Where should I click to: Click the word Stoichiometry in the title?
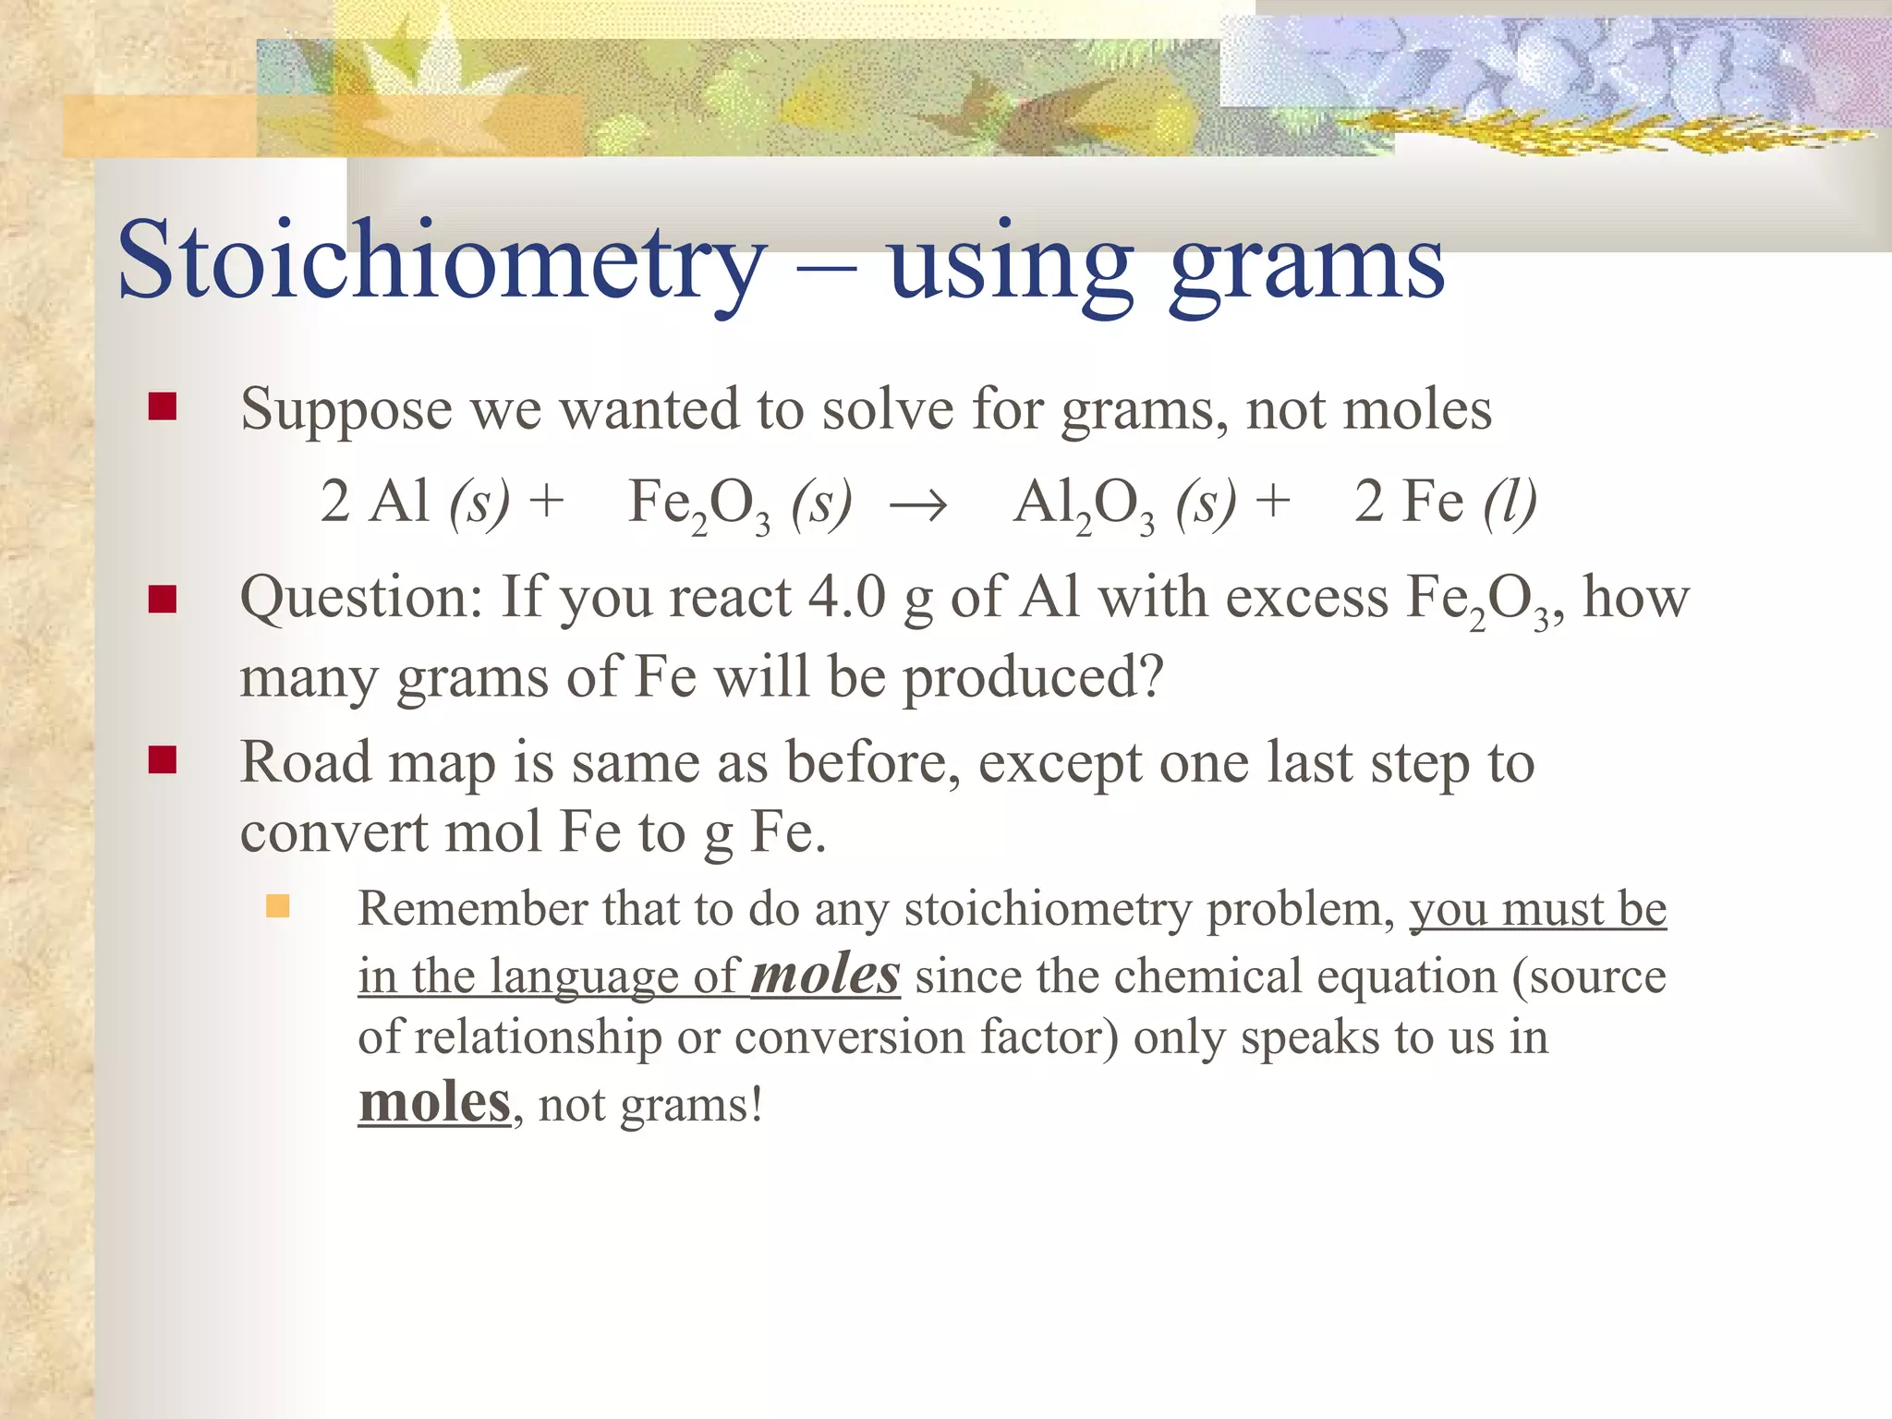click(x=442, y=261)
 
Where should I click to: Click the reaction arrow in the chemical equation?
click(x=917, y=505)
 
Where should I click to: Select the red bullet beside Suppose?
click(x=163, y=406)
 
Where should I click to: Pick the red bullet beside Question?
click(x=163, y=600)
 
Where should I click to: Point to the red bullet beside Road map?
click(x=163, y=760)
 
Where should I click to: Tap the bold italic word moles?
click(x=825, y=976)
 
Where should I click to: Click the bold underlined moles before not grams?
click(x=434, y=1103)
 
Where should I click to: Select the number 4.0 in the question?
click(x=846, y=598)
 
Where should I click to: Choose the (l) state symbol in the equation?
click(x=1509, y=503)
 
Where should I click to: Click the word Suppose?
click(x=346, y=409)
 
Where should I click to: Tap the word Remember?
click(x=472, y=909)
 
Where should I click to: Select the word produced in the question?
click(x=1032, y=678)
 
